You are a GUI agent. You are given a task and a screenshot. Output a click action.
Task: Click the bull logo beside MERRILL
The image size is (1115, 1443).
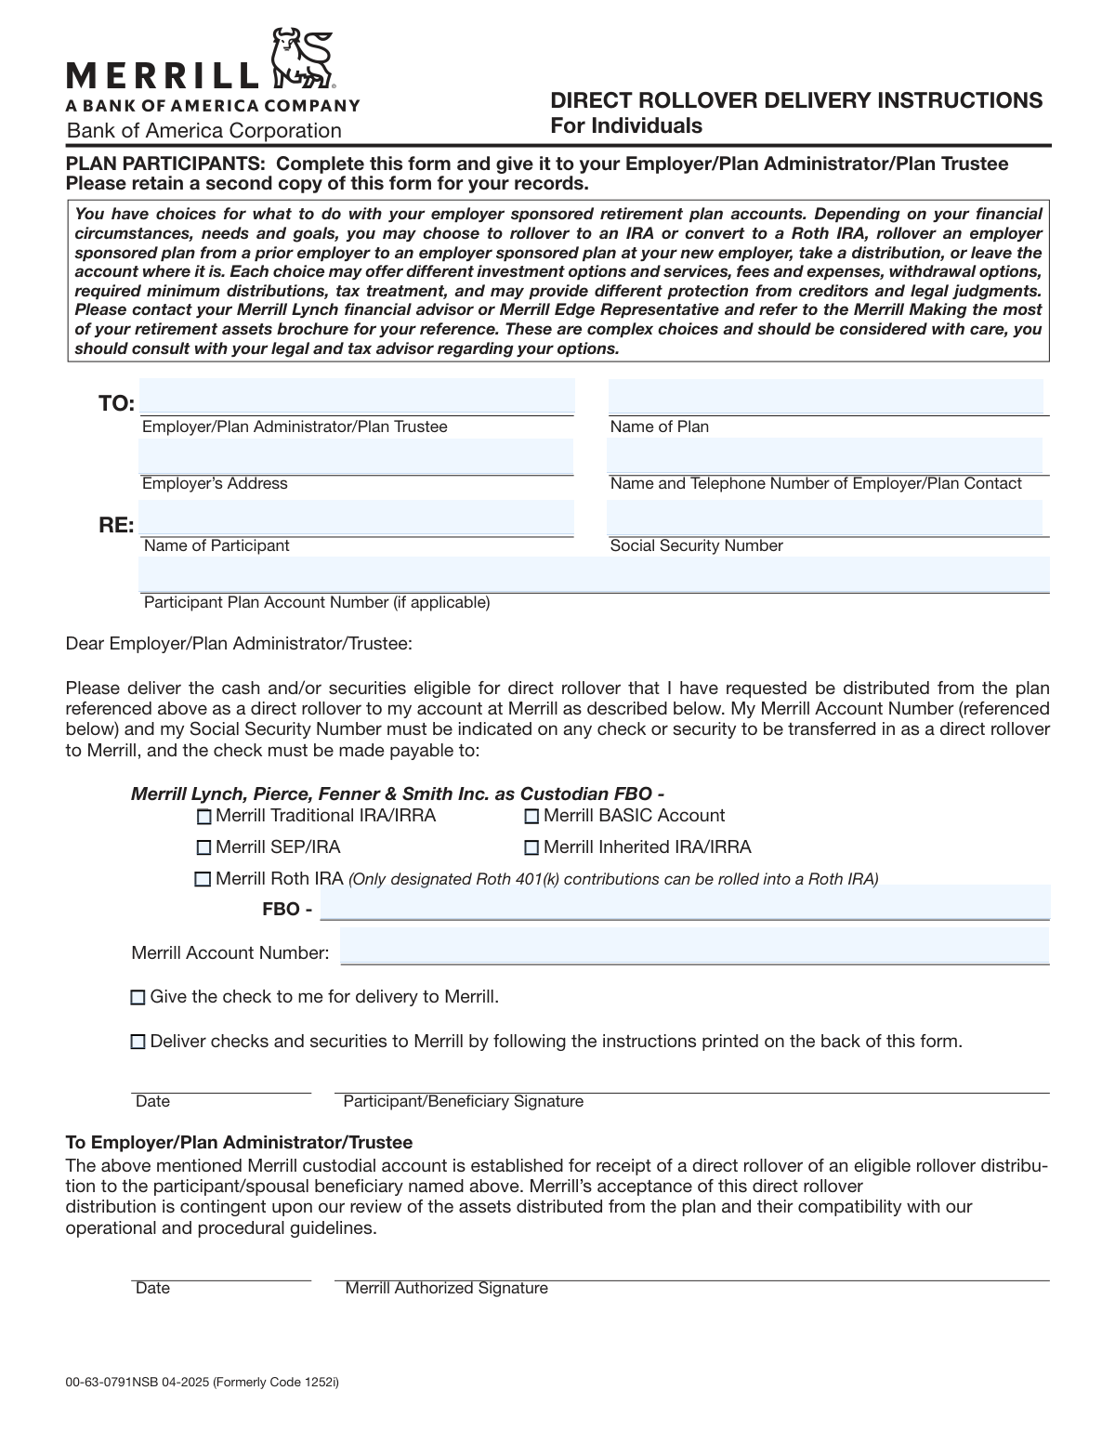point(301,58)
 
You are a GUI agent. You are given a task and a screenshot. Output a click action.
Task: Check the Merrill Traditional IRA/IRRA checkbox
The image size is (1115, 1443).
point(204,818)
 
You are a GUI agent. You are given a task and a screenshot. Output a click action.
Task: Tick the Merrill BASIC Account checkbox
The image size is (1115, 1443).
point(531,818)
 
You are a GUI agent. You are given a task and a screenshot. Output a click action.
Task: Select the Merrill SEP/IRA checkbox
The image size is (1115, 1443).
point(204,848)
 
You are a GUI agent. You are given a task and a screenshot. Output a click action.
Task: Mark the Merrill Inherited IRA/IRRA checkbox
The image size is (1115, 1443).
point(531,848)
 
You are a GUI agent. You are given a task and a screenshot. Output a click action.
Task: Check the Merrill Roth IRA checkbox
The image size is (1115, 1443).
point(203,880)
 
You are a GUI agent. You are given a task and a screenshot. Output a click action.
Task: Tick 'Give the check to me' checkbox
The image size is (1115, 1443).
point(138,998)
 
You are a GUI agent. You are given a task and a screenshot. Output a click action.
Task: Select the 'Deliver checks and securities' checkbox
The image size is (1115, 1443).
point(138,1043)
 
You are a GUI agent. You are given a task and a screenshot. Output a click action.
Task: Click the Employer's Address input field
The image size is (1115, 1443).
point(357,457)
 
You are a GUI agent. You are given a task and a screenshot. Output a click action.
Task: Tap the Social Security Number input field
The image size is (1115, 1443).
point(825,518)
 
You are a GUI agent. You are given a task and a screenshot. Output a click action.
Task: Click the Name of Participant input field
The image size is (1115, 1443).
point(357,518)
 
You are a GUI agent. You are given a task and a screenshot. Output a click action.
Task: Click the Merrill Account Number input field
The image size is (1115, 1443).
point(695,946)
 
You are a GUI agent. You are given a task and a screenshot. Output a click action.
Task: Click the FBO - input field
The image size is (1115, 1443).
point(685,902)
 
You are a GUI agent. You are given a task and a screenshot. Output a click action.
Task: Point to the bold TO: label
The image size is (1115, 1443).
point(117,404)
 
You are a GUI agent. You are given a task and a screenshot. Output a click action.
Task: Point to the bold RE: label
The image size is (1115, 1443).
point(117,525)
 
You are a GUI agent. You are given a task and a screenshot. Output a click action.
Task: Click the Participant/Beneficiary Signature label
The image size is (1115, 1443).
point(463,1102)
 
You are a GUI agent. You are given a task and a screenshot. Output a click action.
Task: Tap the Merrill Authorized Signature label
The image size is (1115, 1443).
point(446,1289)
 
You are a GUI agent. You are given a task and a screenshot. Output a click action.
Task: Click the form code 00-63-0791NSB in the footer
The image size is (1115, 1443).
point(111,1383)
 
